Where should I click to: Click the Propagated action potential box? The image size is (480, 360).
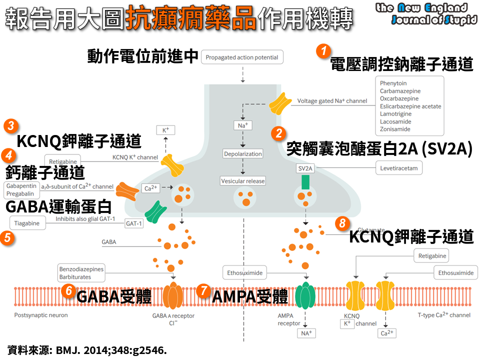tap(242, 57)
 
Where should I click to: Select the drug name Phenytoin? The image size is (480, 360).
tap(393, 83)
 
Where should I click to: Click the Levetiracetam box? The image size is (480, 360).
tap(399, 168)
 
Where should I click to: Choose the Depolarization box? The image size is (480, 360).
tap(243, 154)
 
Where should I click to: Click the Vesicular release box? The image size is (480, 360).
tap(243, 180)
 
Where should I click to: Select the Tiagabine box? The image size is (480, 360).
tap(27, 223)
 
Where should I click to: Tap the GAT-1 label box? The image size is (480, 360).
tap(134, 223)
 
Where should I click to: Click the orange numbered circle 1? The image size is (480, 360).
tap(324, 51)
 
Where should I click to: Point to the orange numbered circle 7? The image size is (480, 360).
tap(203, 290)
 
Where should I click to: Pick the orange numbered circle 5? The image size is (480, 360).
tap(7, 238)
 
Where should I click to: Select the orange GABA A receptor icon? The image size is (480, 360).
tap(173, 296)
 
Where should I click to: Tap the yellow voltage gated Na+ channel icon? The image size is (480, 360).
tap(280, 102)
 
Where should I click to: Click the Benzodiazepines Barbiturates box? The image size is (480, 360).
tap(81, 273)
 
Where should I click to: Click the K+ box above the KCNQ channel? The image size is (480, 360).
tap(165, 130)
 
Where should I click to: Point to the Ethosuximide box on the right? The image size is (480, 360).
tap(455, 273)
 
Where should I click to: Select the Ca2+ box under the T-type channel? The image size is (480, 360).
tap(387, 333)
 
